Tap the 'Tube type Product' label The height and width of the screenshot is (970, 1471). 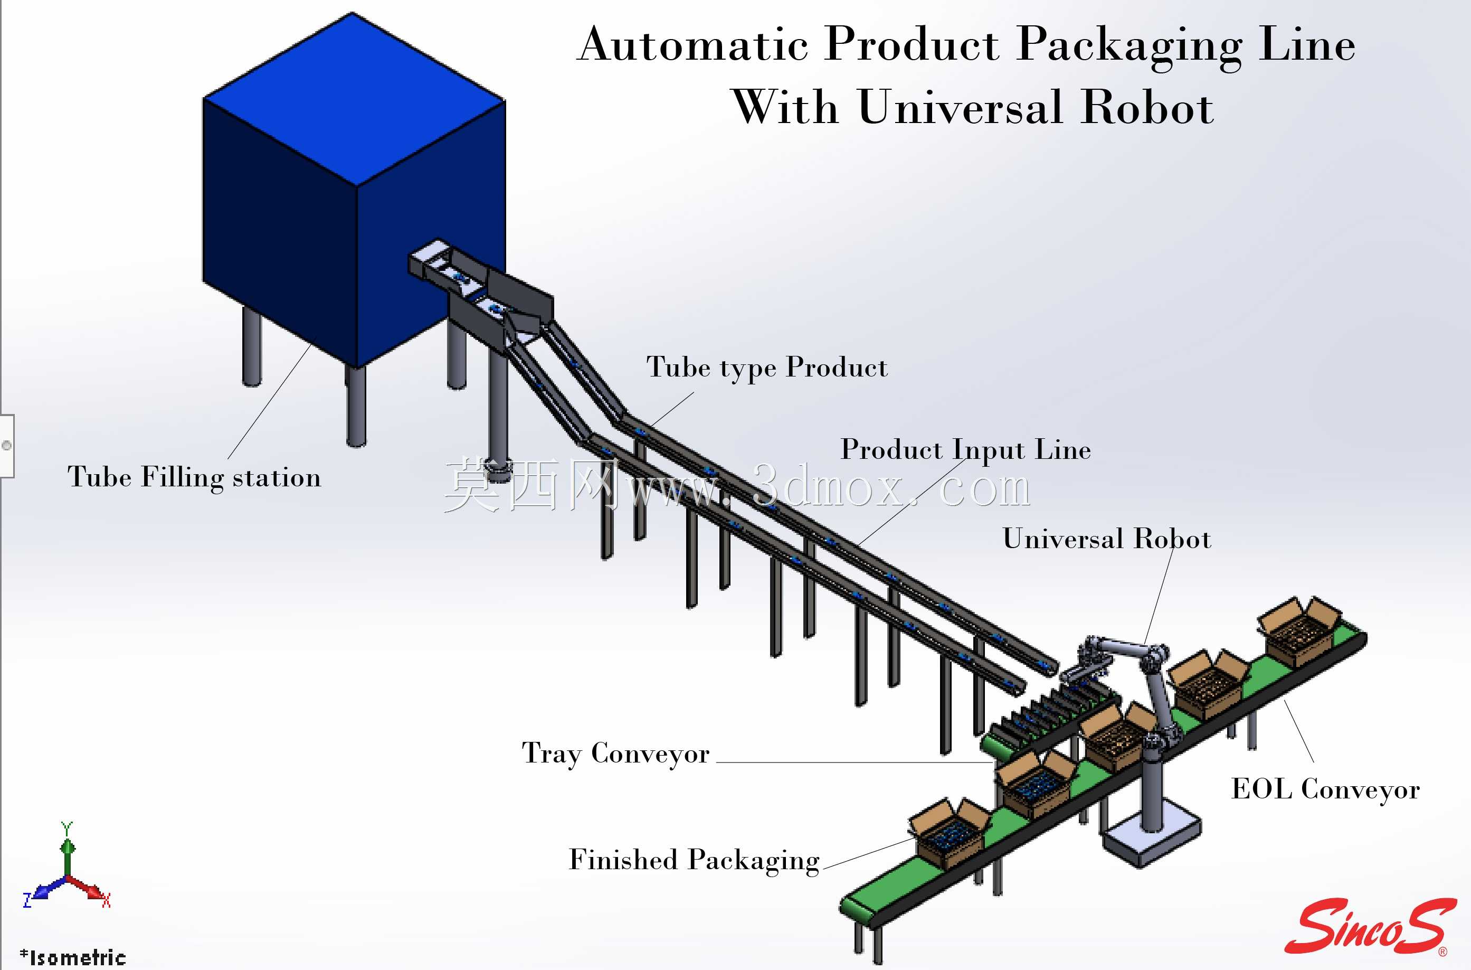[767, 368]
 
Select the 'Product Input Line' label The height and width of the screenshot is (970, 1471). [966, 450]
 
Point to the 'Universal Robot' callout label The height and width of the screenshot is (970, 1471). [1107, 539]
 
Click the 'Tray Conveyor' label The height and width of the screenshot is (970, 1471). [615, 754]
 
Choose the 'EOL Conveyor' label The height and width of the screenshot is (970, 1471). [1325, 789]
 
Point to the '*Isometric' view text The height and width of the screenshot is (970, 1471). [73, 957]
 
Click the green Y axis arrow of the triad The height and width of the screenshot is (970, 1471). [68, 852]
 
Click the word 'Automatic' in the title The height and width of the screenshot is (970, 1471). [692, 44]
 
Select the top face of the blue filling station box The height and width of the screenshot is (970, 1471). [354, 99]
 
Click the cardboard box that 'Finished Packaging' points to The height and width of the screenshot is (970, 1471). [948, 832]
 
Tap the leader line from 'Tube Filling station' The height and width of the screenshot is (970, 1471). [270, 401]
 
